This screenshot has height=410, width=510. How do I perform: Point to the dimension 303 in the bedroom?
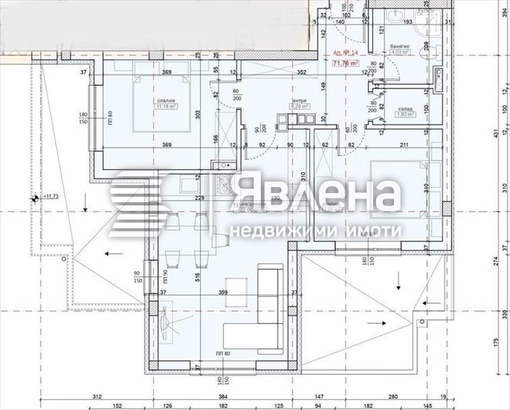pos(198,114)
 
